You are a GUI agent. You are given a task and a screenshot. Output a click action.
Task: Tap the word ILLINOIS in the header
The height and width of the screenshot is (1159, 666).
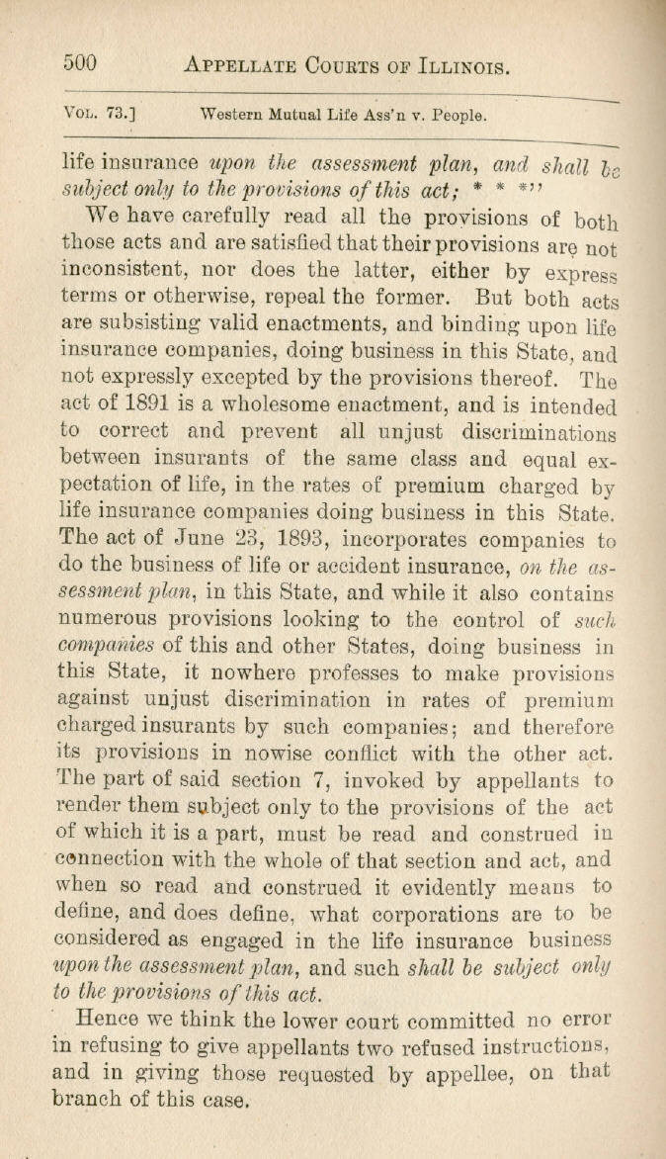(455, 67)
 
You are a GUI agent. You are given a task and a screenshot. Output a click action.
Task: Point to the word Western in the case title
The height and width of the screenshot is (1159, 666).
(232, 115)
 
